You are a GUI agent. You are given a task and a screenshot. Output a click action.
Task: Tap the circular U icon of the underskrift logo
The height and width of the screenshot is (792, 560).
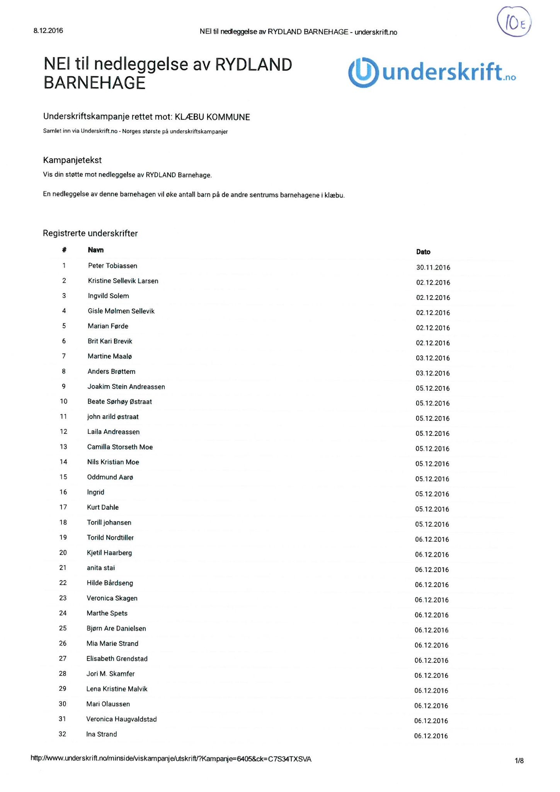pyautogui.click(x=363, y=72)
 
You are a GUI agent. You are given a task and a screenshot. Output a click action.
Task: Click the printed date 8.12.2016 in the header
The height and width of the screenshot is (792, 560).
pyautogui.click(x=48, y=31)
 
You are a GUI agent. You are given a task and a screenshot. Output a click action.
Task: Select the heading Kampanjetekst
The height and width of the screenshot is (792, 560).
pyautogui.click(x=72, y=160)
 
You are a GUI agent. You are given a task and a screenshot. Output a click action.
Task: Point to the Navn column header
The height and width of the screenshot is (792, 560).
pyautogui.click(x=95, y=250)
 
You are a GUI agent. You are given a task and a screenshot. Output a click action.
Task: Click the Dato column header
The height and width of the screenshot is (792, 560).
pyautogui.click(x=423, y=252)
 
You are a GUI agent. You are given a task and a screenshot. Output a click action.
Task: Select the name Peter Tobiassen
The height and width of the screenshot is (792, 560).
pyautogui.click(x=112, y=266)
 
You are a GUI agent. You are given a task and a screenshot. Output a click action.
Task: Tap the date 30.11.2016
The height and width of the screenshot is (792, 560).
pyautogui.click(x=433, y=268)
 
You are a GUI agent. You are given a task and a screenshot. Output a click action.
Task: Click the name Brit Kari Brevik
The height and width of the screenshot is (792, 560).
pyautogui.click(x=110, y=341)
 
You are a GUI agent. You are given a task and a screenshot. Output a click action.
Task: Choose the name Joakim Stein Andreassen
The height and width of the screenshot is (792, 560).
pyautogui.click(x=126, y=387)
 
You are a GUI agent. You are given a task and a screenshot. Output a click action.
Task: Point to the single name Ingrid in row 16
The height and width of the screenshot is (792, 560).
pyautogui.click(x=95, y=492)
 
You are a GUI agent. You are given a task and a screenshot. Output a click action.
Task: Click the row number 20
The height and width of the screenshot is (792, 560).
pyautogui.click(x=63, y=553)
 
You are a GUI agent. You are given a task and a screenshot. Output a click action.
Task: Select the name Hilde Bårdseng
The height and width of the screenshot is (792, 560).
pyautogui.click(x=110, y=583)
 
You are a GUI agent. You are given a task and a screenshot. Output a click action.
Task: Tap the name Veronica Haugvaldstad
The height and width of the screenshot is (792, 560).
pyautogui.click(x=121, y=719)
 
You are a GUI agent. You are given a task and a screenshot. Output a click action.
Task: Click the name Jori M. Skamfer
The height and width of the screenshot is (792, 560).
pyautogui.click(x=111, y=674)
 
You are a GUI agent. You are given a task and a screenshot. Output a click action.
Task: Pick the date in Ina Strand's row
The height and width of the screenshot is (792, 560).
pyautogui.click(x=431, y=736)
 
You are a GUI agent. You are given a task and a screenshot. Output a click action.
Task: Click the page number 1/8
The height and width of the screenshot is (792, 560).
pyautogui.click(x=519, y=761)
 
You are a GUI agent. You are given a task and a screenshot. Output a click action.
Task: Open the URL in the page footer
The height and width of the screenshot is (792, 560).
pyautogui.click(x=171, y=759)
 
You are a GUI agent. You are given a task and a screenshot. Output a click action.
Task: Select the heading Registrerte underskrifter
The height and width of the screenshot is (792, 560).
pyautogui.click(x=90, y=233)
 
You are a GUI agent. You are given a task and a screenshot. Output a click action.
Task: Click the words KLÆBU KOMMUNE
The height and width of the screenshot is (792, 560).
pyautogui.click(x=212, y=117)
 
